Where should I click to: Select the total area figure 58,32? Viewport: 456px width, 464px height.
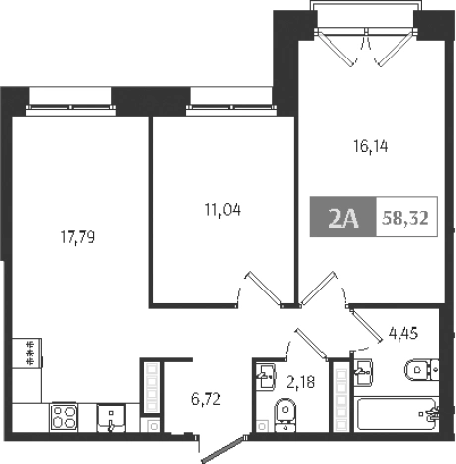pyautogui.click(x=404, y=219)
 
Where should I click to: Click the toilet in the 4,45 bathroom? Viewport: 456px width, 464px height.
pyautogui.click(x=420, y=372)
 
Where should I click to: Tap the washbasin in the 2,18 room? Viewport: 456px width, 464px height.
pyautogui.click(x=266, y=373)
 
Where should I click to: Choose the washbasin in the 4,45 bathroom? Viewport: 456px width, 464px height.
pyautogui.click(x=361, y=373)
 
